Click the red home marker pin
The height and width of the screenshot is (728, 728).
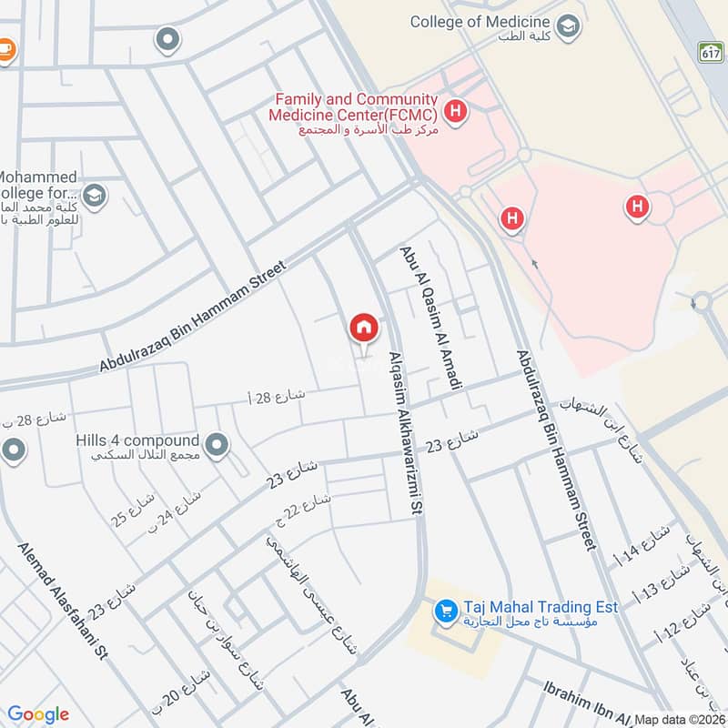point(363,328)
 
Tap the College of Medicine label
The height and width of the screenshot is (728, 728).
point(480,22)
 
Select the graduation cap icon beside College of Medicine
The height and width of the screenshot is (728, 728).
point(569,25)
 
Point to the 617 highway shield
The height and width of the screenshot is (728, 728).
point(711,52)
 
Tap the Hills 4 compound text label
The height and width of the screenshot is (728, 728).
point(137,440)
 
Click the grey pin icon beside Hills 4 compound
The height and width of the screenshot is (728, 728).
point(217,445)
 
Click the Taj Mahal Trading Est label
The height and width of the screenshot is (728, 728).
point(540,607)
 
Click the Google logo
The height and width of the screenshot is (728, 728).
point(38,714)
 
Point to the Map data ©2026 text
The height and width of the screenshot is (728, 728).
point(680,718)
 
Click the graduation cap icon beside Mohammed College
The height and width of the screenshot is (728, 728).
point(94,195)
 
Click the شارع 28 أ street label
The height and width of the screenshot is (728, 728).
point(278,397)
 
